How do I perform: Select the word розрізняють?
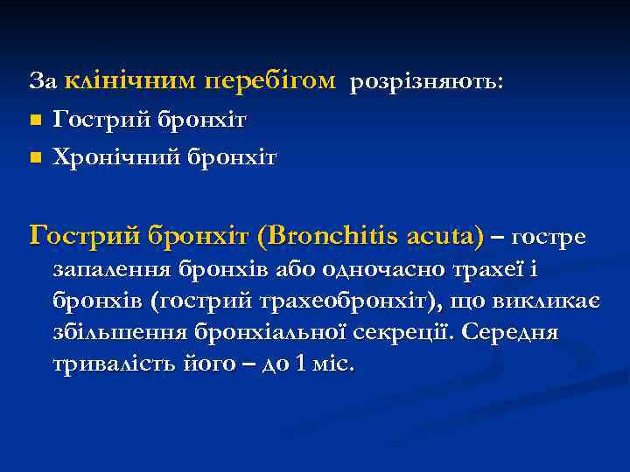coord(426,82)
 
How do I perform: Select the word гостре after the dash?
coord(549,238)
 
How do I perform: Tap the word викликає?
coord(556,302)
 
